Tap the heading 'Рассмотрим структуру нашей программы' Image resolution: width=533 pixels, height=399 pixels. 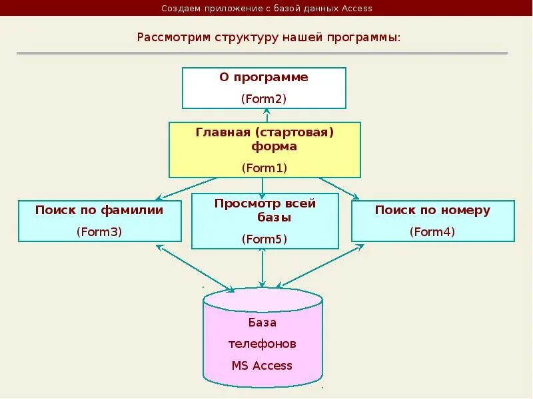pyautogui.click(x=268, y=36)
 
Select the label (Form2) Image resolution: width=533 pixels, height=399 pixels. pyautogui.click(x=263, y=98)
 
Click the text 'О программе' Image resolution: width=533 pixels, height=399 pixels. pyautogui.click(x=264, y=77)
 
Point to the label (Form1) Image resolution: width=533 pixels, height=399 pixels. pyautogui.click(x=264, y=168)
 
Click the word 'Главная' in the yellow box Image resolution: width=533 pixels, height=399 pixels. pyautogui.click(x=221, y=132)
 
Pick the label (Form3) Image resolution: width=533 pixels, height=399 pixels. pyautogui.click(x=99, y=231)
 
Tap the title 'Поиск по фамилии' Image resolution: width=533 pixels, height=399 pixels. pyautogui.click(x=99, y=210)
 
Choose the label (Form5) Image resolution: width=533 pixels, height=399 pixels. pyautogui.click(x=263, y=239)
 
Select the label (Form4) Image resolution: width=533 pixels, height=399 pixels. pyautogui.click(x=432, y=231)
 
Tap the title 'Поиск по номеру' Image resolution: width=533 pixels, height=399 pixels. pyautogui.click(x=432, y=210)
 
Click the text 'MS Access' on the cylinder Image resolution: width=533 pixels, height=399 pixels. pyautogui.click(x=262, y=365)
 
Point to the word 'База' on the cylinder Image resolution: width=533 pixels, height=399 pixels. pyautogui.click(x=262, y=323)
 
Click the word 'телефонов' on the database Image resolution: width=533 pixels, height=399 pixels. pyautogui.click(x=262, y=344)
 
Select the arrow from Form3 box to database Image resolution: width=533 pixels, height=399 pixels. pyautogui.click(x=195, y=268)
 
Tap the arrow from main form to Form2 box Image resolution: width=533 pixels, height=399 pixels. pyautogui.click(x=264, y=115)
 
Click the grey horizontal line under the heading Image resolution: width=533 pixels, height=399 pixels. pyautogui.click(x=262, y=53)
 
